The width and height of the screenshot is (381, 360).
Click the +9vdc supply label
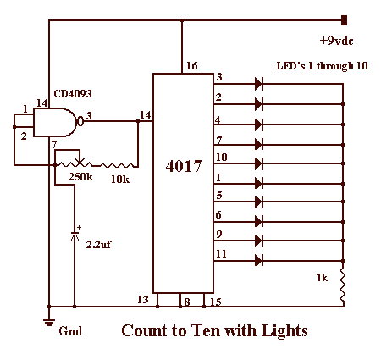click(x=336, y=41)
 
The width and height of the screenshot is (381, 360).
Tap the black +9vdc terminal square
click(x=344, y=20)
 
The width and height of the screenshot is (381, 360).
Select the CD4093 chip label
click(x=73, y=93)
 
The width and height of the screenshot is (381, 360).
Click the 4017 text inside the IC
click(x=184, y=166)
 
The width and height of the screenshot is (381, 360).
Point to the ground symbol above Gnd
click(x=49, y=322)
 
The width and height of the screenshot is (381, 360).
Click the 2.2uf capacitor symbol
click(x=75, y=235)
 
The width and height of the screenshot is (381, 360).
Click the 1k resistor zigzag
click(x=342, y=285)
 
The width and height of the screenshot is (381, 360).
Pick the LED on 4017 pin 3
click(x=259, y=84)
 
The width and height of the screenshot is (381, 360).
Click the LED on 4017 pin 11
click(x=259, y=260)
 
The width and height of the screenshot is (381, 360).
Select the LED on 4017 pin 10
click(x=259, y=163)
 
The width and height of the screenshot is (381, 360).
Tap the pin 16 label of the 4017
click(x=192, y=66)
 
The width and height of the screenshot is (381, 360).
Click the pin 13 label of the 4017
click(x=143, y=299)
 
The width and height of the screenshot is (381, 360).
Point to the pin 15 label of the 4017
click(x=216, y=302)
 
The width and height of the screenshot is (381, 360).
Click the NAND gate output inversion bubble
click(x=80, y=122)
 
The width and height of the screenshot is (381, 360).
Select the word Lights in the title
click(x=284, y=331)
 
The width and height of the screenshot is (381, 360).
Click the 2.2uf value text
click(x=98, y=245)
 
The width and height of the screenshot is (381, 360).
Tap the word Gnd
click(x=70, y=331)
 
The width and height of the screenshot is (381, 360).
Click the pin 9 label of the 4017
click(x=218, y=234)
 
